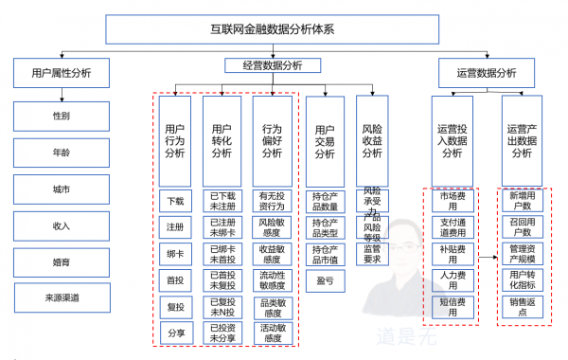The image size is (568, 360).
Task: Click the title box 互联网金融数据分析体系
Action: click(285, 30)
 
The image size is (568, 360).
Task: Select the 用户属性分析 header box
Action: click(62, 73)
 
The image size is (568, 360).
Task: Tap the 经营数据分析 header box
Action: click(264, 65)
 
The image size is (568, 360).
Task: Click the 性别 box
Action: click(62, 117)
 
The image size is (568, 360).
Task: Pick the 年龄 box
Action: click(62, 153)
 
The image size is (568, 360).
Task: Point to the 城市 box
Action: click(62, 189)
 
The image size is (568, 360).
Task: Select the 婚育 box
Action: click(62, 261)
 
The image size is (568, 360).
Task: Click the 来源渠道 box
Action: click(62, 297)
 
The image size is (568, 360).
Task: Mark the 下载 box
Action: click(175, 201)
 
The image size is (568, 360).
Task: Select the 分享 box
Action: click(175, 333)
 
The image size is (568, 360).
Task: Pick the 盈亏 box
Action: click(325, 280)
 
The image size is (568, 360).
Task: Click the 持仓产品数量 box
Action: click(325, 201)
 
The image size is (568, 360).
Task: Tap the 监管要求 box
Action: click(372, 254)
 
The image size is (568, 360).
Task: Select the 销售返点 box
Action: click(521, 306)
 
